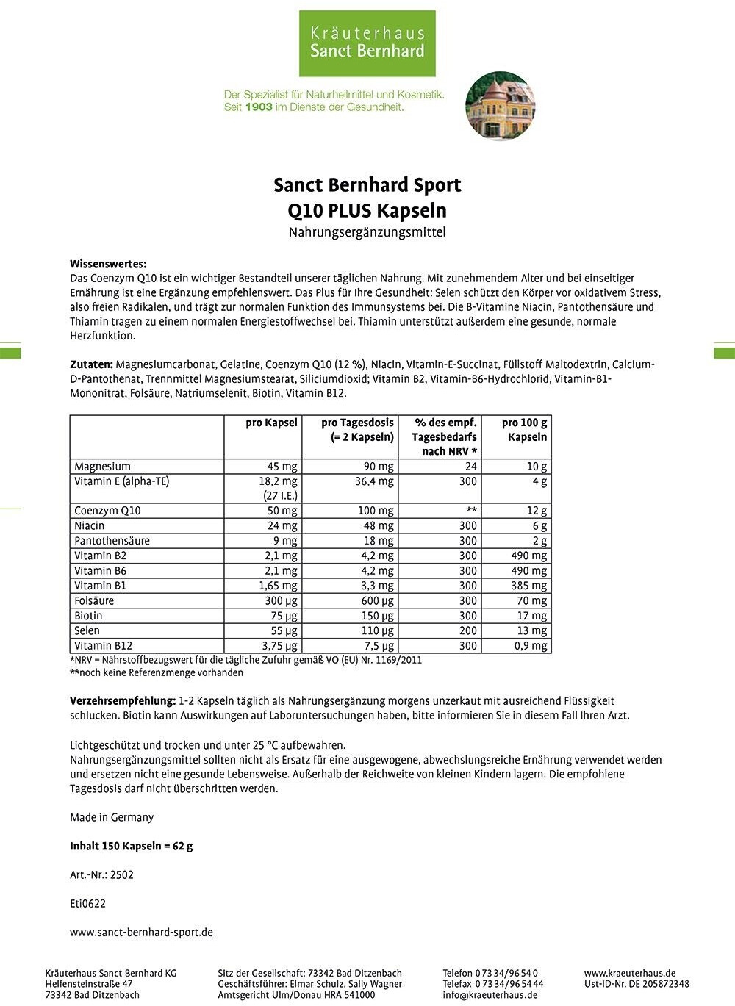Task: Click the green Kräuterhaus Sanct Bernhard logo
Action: (x=367, y=43)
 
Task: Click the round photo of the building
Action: (x=500, y=106)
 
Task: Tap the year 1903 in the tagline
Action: (x=258, y=107)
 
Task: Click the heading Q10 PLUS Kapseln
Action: (x=367, y=210)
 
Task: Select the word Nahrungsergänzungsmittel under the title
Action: (x=367, y=232)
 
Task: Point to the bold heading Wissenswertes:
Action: (x=108, y=264)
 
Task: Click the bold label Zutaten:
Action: (x=91, y=364)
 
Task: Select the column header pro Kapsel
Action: (x=271, y=423)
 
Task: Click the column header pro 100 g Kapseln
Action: (x=525, y=430)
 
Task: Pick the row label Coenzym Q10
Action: (x=107, y=511)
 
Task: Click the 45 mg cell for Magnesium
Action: (x=282, y=467)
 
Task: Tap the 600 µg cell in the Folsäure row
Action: (x=377, y=601)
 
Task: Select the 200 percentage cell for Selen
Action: (x=468, y=630)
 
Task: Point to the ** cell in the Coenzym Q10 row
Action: (x=472, y=511)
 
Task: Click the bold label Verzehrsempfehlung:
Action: (x=123, y=701)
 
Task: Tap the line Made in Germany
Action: (x=112, y=817)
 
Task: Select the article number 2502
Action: (x=122, y=874)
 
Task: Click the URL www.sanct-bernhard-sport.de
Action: (x=141, y=933)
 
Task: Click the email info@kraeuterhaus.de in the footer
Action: (x=490, y=995)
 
